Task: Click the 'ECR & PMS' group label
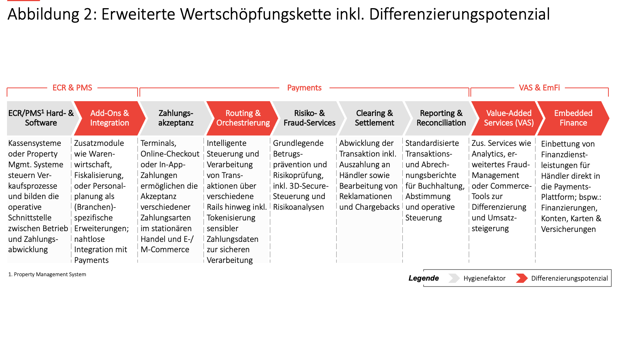pos(72,88)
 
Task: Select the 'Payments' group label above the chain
pos(304,88)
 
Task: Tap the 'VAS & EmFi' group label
pos(539,88)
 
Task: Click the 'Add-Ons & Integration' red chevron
pos(110,118)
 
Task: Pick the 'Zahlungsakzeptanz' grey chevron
pos(176,118)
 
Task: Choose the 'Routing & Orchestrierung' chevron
pos(243,118)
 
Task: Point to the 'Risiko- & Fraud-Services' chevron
pos(309,118)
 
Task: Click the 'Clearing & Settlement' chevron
pos(374,118)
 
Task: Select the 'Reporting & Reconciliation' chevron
pos(441,118)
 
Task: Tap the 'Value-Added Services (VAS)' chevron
pos(508,118)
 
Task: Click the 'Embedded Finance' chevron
pos(573,118)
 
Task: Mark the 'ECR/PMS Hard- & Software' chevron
pos(41,118)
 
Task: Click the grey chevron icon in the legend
pos(454,278)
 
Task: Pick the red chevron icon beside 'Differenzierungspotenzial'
pos(521,278)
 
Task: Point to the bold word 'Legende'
pos(424,278)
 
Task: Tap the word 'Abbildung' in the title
pos(43,14)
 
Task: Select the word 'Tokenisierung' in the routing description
pos(231,218)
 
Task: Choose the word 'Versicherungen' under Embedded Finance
pos(568,229)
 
